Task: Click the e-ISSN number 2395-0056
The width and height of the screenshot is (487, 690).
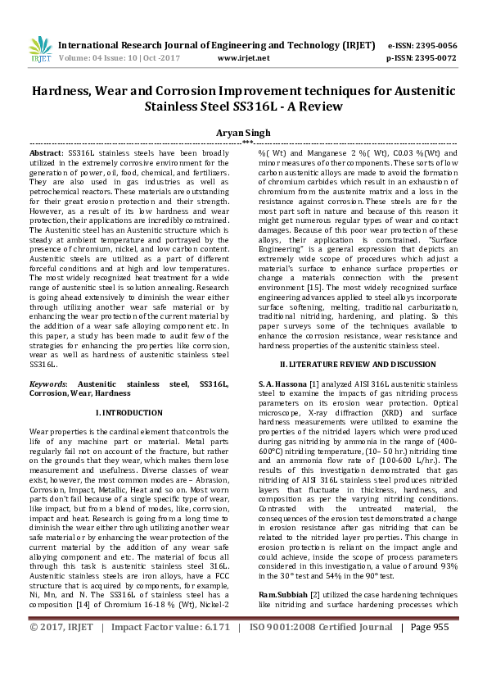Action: (x=433, y=46)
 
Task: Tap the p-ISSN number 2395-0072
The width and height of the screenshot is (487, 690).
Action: (x=433, y=59)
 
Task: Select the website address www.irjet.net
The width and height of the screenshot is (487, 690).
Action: (x=244, y=59)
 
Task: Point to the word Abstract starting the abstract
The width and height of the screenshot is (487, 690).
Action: (x=46, y=153)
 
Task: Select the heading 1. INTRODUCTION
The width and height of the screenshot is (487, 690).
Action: (x=129, y=412)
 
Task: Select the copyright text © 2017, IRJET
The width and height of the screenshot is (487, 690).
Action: (x=62, y=672)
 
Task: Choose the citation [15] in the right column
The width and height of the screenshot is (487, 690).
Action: (x=319, y=289)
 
